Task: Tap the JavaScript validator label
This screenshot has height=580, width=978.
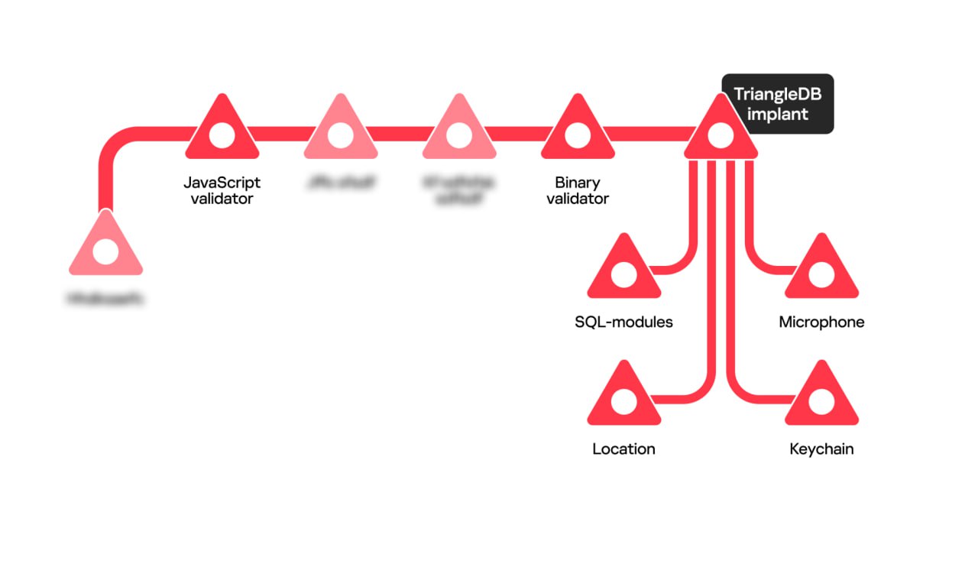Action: pos(222,191)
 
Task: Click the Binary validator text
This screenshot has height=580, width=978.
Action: pos(578,191)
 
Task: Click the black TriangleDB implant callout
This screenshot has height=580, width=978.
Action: pos(778,105)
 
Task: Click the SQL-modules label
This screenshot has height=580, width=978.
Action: pos(623,322)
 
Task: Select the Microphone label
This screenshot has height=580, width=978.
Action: pos(821,322)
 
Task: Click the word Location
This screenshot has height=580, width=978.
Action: pos(623,449)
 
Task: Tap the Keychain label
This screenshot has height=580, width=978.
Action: pos(821,449)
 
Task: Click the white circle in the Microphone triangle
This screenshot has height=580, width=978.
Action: pos(821,274)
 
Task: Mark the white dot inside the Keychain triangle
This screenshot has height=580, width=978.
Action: pos(821,401)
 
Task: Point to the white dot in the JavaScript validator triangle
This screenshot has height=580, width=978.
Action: pos(222,135)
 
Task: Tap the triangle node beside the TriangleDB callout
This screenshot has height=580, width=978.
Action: pos(720,131)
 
